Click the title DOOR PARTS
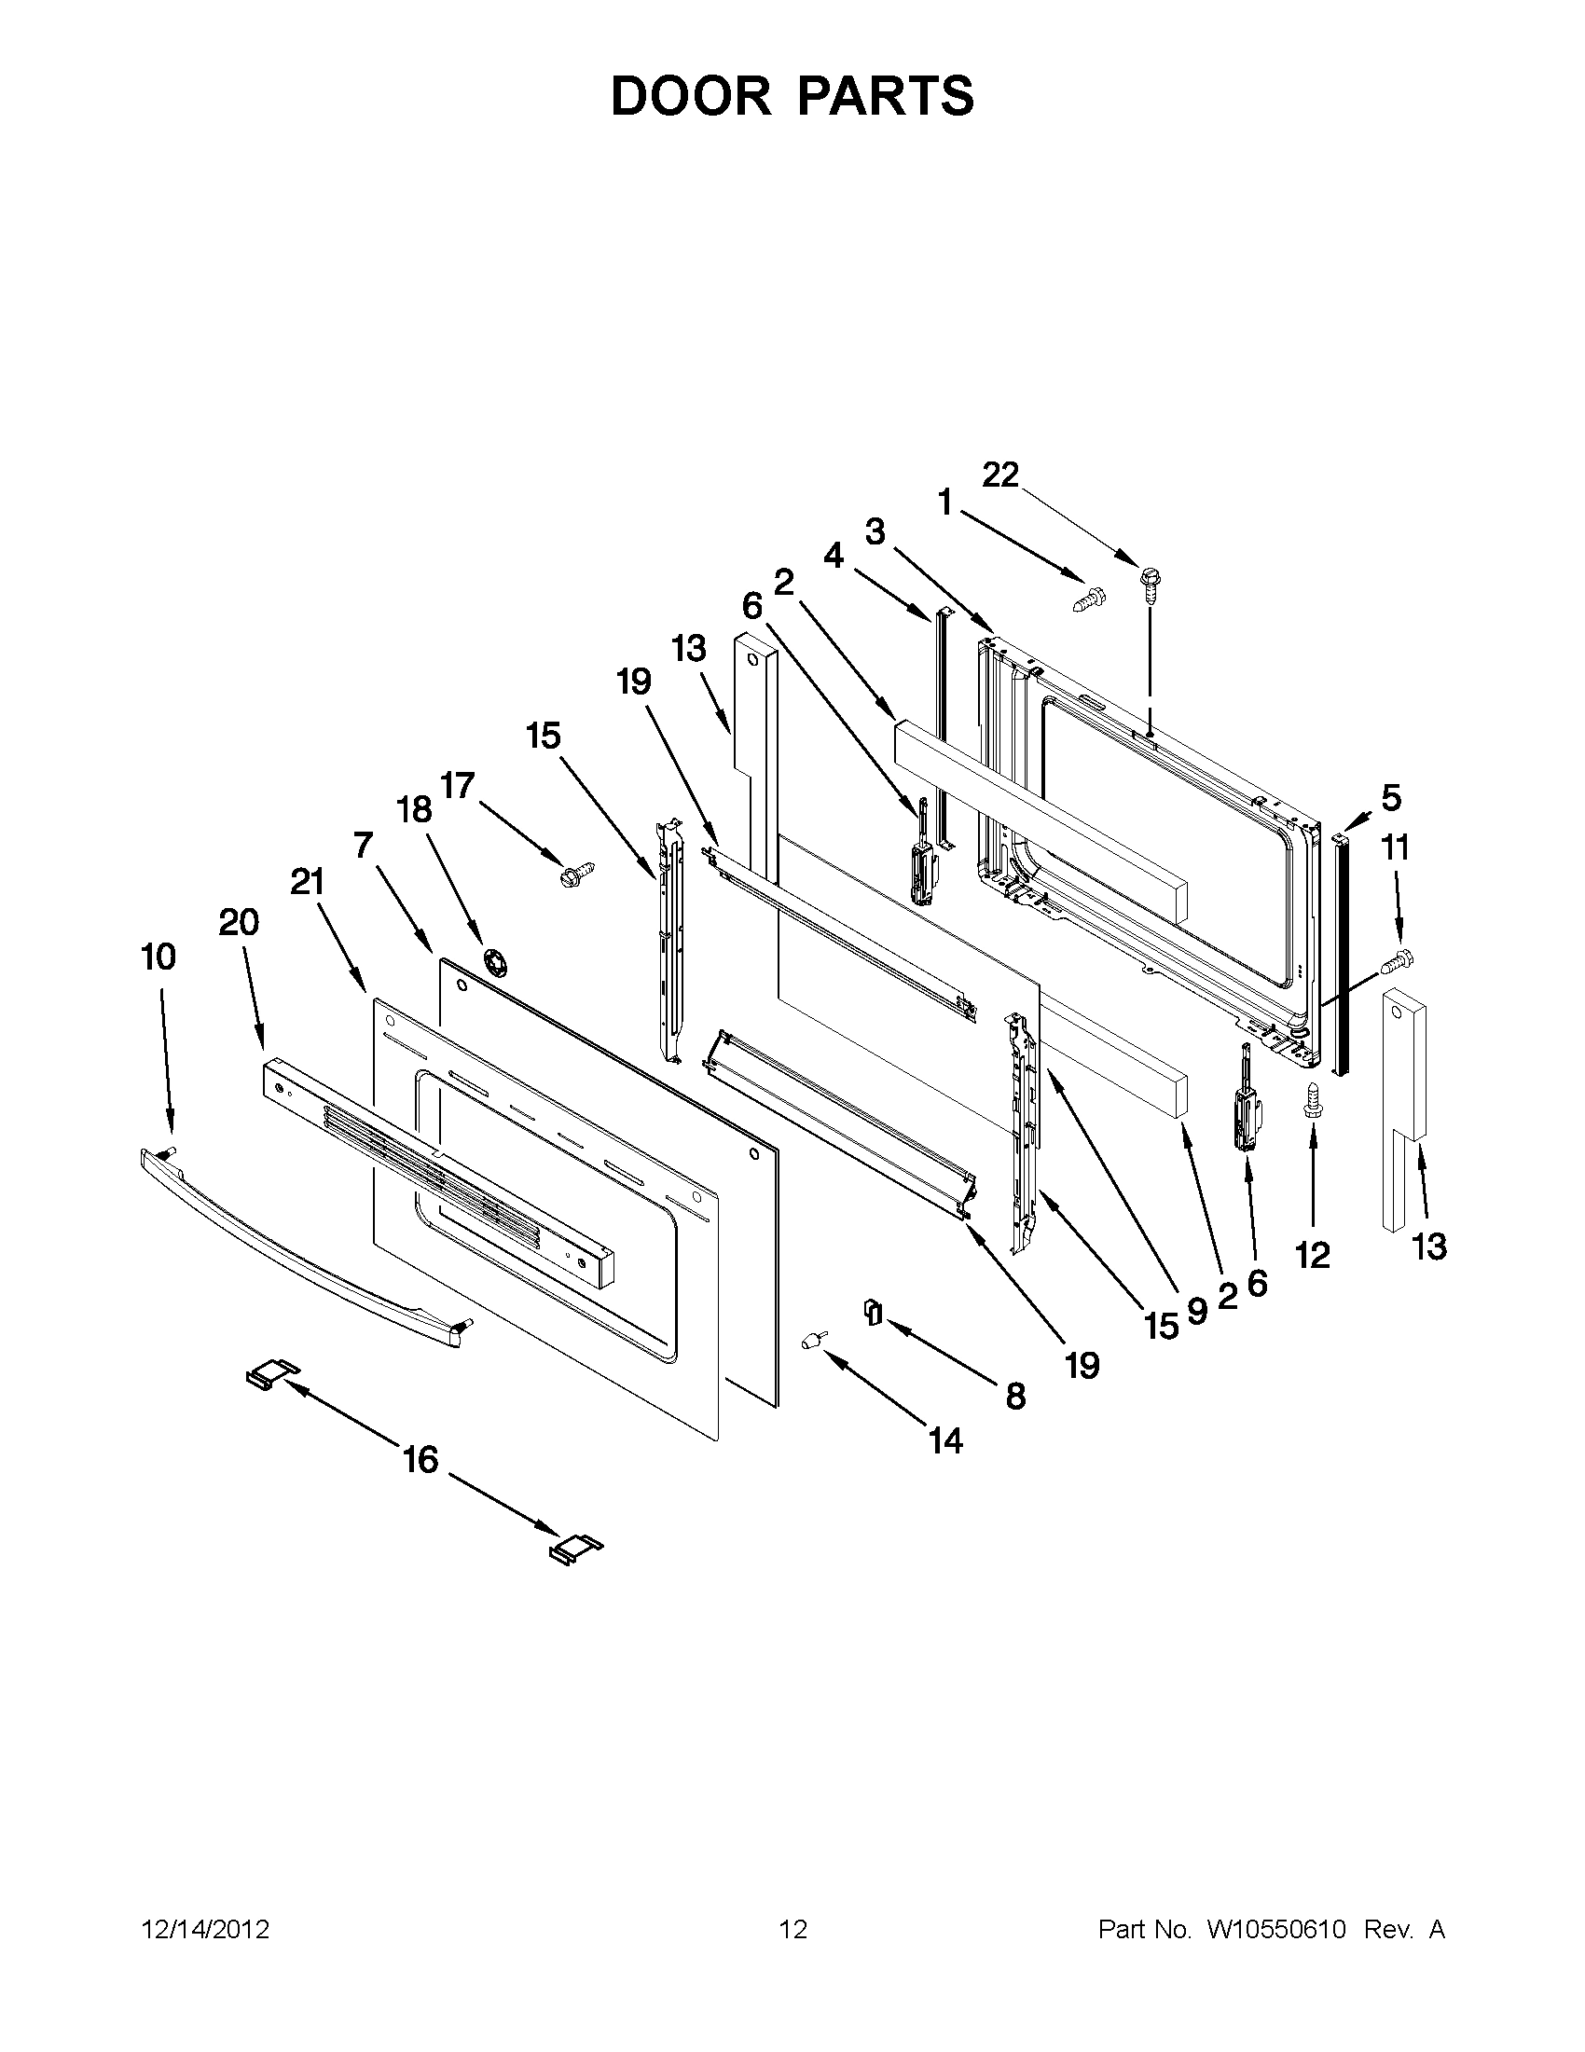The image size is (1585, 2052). click(x=792, y=96)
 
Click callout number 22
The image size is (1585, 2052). click(x=999, y=475)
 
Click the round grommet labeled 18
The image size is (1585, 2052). click(x=490, y=961)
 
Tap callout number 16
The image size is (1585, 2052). click(x=420, y=1459)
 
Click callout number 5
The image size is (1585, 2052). click(x=1390, y=798)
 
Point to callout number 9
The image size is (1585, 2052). click(x=1196, y=1310)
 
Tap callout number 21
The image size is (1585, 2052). click(x=307, y=881)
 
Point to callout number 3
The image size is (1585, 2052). click(x=875, y=531)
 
